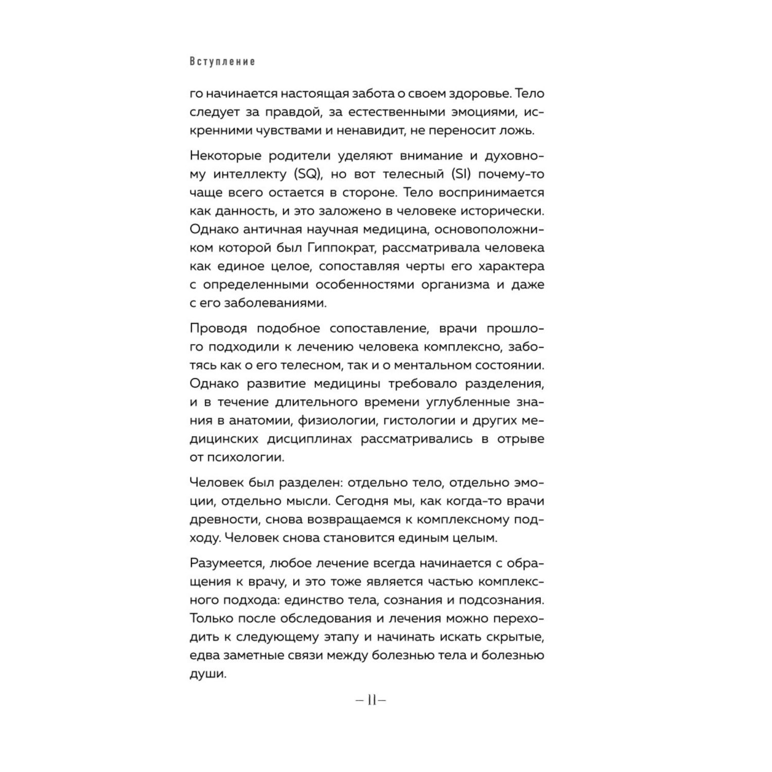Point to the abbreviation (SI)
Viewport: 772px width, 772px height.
click(459, 174)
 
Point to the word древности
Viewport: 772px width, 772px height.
click(223, 519)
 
